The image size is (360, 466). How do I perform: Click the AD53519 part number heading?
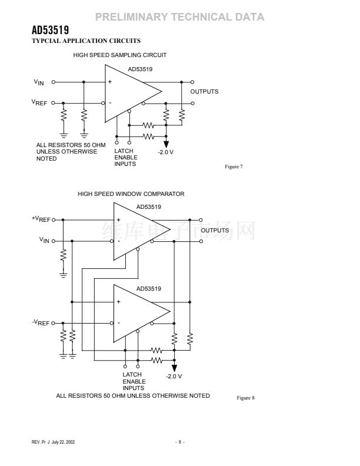click(x=51, y=30)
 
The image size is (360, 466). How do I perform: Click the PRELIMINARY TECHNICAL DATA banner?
click(x=179, y=17)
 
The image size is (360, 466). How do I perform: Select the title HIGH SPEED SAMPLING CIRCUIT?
click(x=119, y=55)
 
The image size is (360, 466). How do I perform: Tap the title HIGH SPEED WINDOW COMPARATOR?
click(x=131, y=194)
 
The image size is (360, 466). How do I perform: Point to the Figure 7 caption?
click(x=234, y=167)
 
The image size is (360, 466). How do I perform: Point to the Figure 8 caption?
click(x=245, y=398)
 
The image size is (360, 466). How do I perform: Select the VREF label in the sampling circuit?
click(x=39, y=102)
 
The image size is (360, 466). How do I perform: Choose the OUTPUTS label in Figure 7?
click(x=204, y=92)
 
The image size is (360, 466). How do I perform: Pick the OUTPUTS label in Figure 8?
click(x=215, y=230)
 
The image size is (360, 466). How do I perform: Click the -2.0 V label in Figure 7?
click(x=166, y=152)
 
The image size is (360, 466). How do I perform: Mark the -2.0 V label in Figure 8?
click(x=174, y=376)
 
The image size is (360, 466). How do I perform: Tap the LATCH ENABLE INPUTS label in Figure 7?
click(x=126, y=157)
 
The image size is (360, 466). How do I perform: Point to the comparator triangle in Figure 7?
click(x=129, y=92)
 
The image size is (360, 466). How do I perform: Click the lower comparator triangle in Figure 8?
click(x=138, y=312)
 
